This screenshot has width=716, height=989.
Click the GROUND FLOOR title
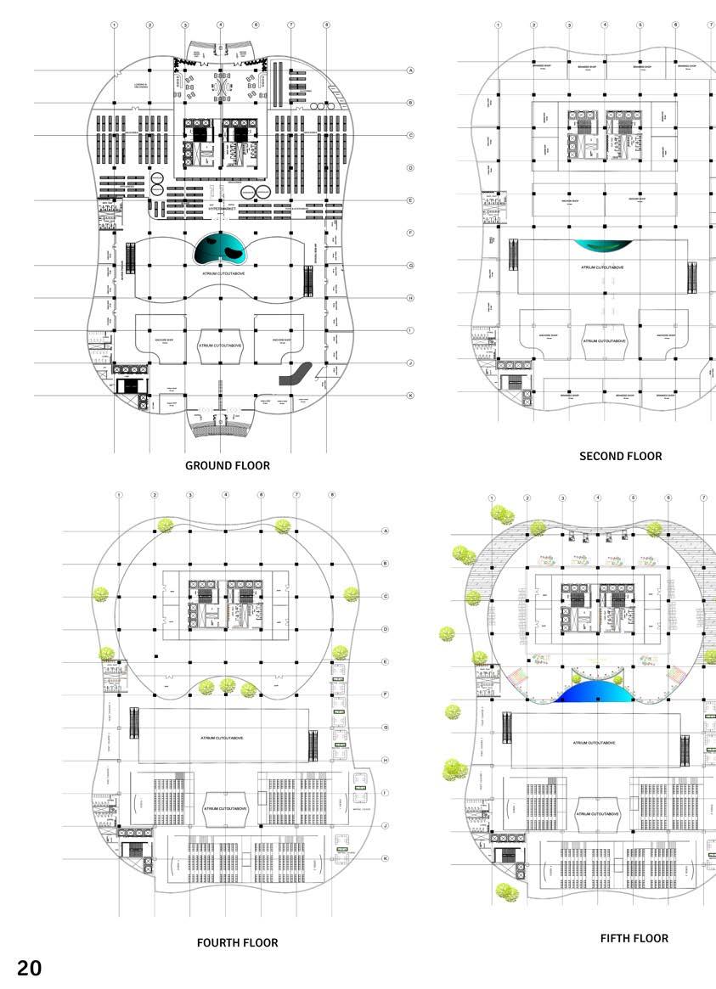[228, 465]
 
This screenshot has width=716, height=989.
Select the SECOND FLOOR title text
[620, 456]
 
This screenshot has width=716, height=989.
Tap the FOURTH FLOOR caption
[237, 942]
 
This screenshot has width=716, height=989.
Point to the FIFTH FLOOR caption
[634, 938]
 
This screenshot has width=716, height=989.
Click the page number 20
[29, 968]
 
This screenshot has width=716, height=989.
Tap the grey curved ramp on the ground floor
[296, 374]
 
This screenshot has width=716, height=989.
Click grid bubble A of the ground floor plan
[410, 70]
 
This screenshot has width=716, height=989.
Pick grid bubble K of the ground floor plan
[410, 396]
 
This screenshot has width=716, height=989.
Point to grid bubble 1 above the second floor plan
[498, 25]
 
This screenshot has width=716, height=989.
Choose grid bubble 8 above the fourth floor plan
[332, 494]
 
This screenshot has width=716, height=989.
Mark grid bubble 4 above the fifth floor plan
[598, 498]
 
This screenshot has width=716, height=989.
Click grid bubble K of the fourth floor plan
[385, 858]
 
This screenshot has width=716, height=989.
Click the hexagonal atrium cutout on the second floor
[604, 340]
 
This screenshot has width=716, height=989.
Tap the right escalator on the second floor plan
[692, 276]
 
